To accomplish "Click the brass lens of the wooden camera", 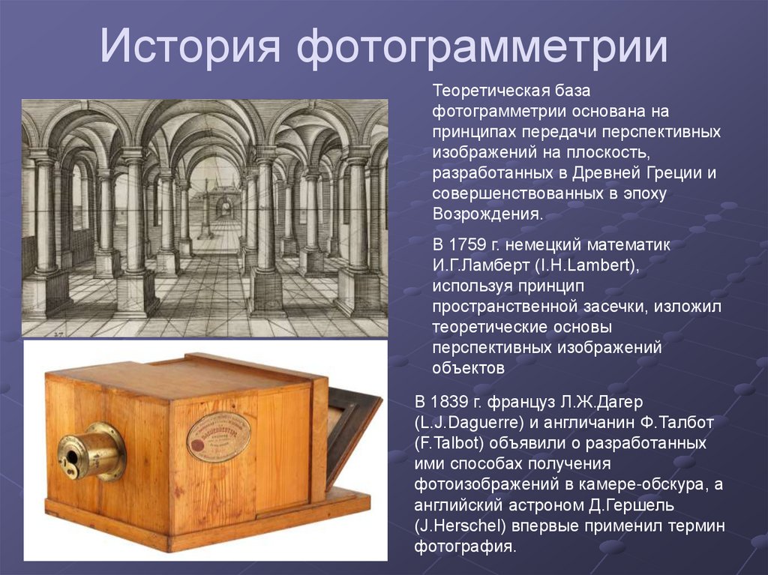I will tap(86, 451).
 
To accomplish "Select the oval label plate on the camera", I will tap(218, 436).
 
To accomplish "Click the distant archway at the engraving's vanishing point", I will tap(222, 208).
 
